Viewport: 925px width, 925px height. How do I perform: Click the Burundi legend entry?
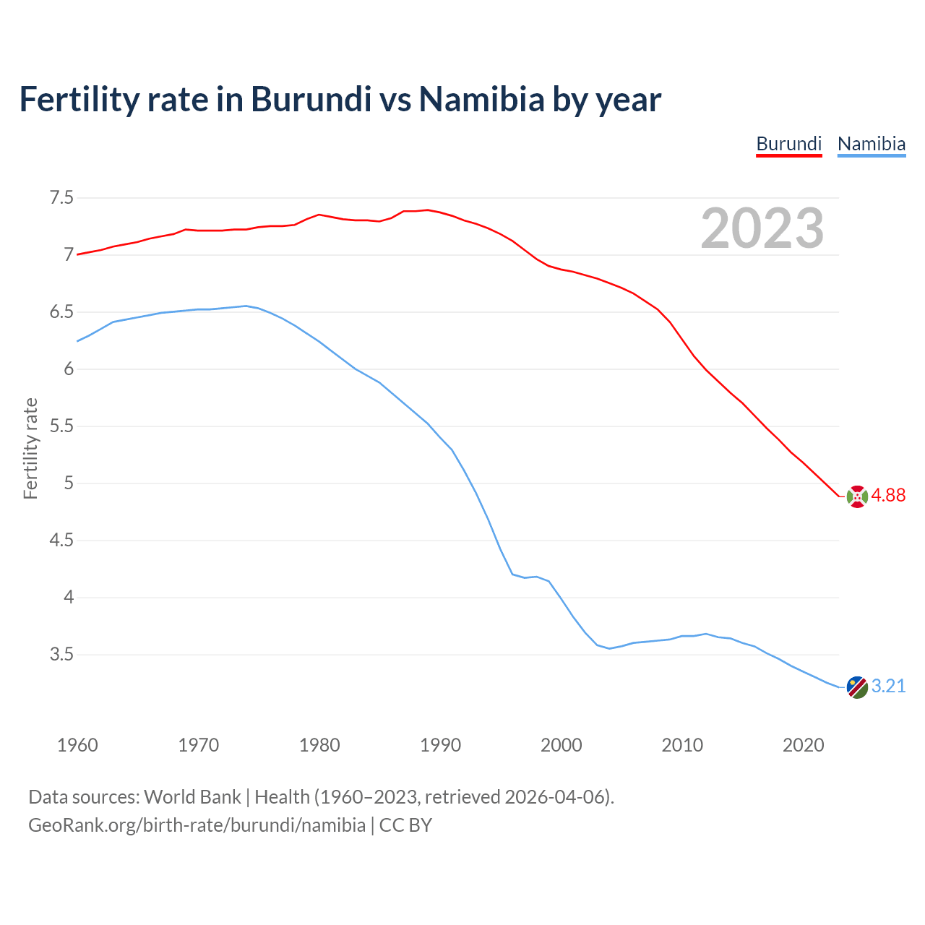point(788,144)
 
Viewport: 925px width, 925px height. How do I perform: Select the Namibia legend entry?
point(871,144)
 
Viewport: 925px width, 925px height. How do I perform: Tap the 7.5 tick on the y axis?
point(61,197)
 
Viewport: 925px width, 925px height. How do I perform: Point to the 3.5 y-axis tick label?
point(61,655)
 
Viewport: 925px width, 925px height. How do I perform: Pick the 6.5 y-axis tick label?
point(61,312)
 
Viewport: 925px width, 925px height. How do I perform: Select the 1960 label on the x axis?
point(77,745)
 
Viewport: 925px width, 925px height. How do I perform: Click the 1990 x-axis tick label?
point(440,745)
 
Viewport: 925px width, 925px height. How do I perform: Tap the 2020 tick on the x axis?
point(803,745)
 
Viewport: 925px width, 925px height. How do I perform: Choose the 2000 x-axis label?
point(561,745)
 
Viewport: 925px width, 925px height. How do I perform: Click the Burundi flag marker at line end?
point(857,496)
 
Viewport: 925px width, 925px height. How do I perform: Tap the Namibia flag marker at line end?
point(857,687)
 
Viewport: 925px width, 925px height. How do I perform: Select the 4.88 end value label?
point(888,495)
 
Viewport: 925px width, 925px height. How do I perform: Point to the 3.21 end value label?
point(888,686)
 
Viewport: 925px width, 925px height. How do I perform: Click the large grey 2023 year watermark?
point(762,228)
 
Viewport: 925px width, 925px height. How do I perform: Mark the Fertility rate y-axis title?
point(30,448)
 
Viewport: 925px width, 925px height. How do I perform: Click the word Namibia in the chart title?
point(481,99)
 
